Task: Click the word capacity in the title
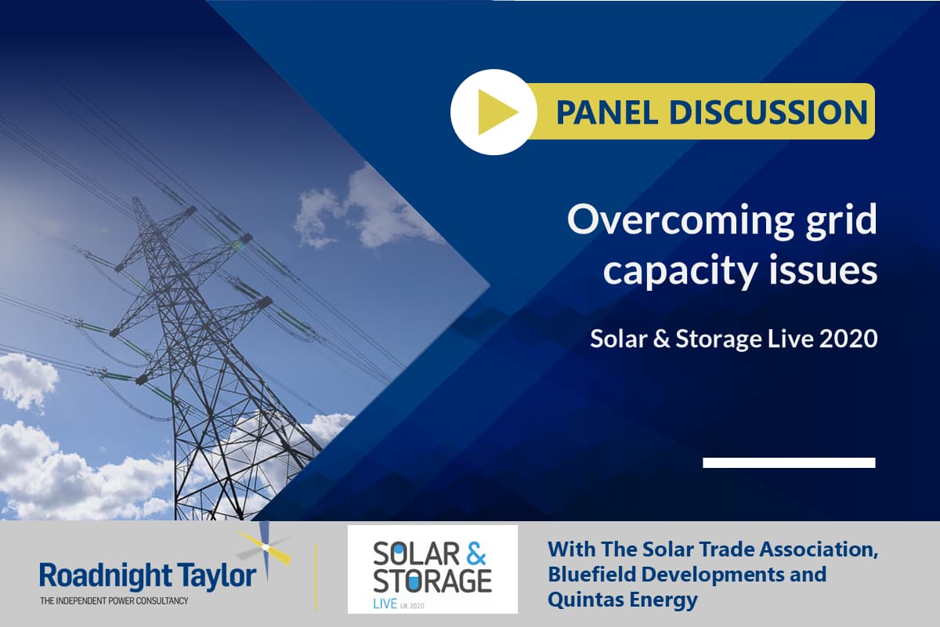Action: click(678, 272)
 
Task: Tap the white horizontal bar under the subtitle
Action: click(789, 462)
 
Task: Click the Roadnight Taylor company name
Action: click(147, 576)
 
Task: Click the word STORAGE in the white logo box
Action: click(432, 581)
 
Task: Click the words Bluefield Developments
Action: click(686, 574)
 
